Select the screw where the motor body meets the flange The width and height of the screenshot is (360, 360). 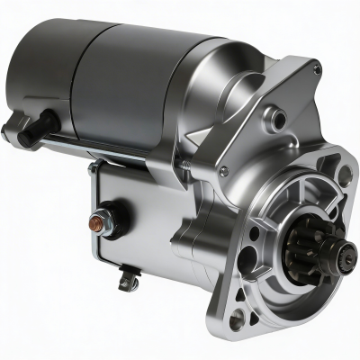(223, 171)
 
